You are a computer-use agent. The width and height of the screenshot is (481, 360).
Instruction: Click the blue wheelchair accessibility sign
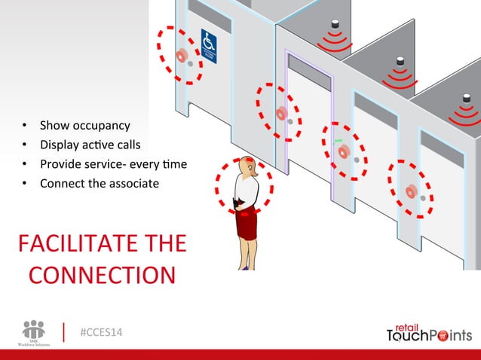[208, 46]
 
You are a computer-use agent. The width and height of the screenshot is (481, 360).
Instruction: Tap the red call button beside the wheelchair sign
[181, 56]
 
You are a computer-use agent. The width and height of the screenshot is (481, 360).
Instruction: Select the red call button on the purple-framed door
[281, 113]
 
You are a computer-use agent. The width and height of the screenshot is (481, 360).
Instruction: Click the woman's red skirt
[246, 223]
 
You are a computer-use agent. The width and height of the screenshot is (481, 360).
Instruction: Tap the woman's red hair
[247, 165]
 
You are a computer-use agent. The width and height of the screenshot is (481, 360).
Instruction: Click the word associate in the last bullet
[132, 183]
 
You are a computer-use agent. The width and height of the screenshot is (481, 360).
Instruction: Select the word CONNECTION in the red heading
[102, 274]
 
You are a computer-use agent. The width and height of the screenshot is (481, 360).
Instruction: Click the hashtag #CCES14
[101, 332]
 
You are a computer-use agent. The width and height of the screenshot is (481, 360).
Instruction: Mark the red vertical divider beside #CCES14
[64, 332]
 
